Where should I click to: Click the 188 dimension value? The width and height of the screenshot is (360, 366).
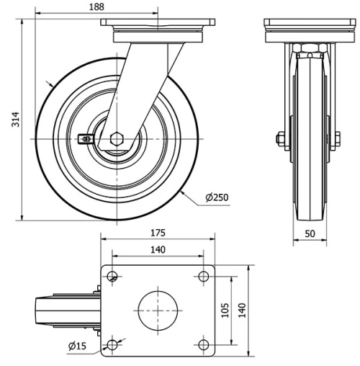(x=96, y=6)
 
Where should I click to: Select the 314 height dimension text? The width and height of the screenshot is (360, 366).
(x=16, y=120)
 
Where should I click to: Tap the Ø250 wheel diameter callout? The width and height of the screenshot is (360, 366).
(x=217, y=197)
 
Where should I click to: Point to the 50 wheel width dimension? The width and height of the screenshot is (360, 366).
(x=310, y=233)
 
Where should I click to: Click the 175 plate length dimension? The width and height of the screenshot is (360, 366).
(x=158, y=233)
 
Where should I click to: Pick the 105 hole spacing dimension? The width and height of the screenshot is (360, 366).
(x=225, y=311)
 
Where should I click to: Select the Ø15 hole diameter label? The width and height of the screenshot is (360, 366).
(x=77, y=346)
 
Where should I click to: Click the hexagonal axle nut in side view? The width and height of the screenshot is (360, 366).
(x=117, y=139)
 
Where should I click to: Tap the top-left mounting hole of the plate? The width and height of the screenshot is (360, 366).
(x=112, y=276)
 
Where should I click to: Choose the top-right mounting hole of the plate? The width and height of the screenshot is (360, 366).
(x=204, y=276)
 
